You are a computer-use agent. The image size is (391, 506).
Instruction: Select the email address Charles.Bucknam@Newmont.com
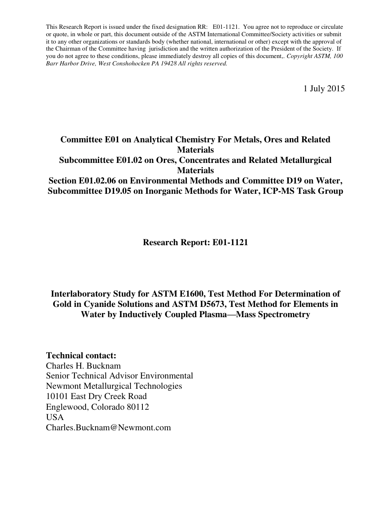pos(108,427)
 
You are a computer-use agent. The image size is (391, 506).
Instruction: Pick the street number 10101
pos(57,397)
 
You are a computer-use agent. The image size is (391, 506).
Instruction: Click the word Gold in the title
pos(63,304)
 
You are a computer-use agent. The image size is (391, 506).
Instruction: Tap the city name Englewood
pos(66,407)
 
